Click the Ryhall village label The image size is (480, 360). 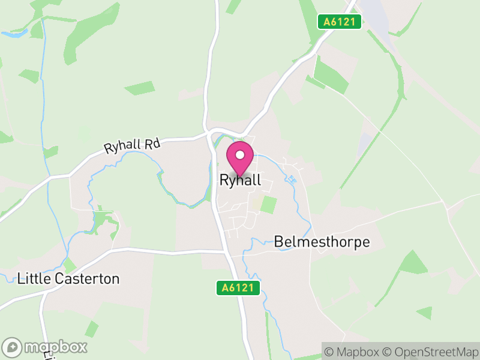(240, 180)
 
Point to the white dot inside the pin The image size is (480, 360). (240, 155)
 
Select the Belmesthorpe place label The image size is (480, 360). (322, 242)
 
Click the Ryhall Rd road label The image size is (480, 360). (132, 145)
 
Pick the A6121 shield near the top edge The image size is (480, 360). (340, 22)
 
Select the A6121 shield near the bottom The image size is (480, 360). (238, 289)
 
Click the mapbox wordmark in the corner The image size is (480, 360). (55, 347)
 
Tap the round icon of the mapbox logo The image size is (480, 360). (12, 347)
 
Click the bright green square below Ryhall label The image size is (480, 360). (269, 204)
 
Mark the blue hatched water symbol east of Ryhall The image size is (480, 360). (292, 179)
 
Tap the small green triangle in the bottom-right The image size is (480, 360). (425, 313)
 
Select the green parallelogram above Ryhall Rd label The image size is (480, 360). (139, 88)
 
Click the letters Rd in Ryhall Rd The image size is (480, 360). (152, 143)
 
